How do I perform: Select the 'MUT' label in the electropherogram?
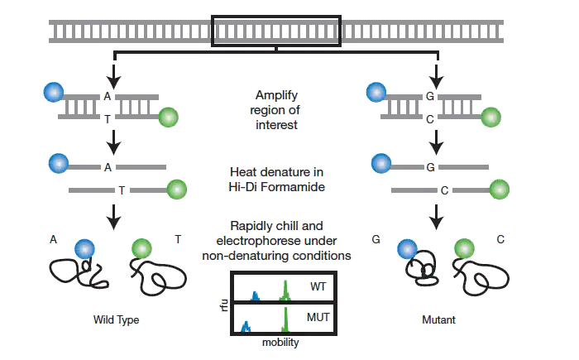tap(318, 318)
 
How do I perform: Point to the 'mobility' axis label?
tap(280, 341)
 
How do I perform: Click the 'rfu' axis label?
tap(221, 307)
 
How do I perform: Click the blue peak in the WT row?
tap(256, 295)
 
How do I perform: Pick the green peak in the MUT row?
tap(286, 319)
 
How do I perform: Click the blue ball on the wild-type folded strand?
tap(84, 248)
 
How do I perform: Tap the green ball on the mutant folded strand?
tap(464, 247)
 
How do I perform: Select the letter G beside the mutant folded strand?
tap(376, 239)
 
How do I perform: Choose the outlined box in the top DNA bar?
tap(277, 31)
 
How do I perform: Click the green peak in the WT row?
tap(286, 291)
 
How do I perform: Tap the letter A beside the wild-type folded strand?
tap(53, 239)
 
